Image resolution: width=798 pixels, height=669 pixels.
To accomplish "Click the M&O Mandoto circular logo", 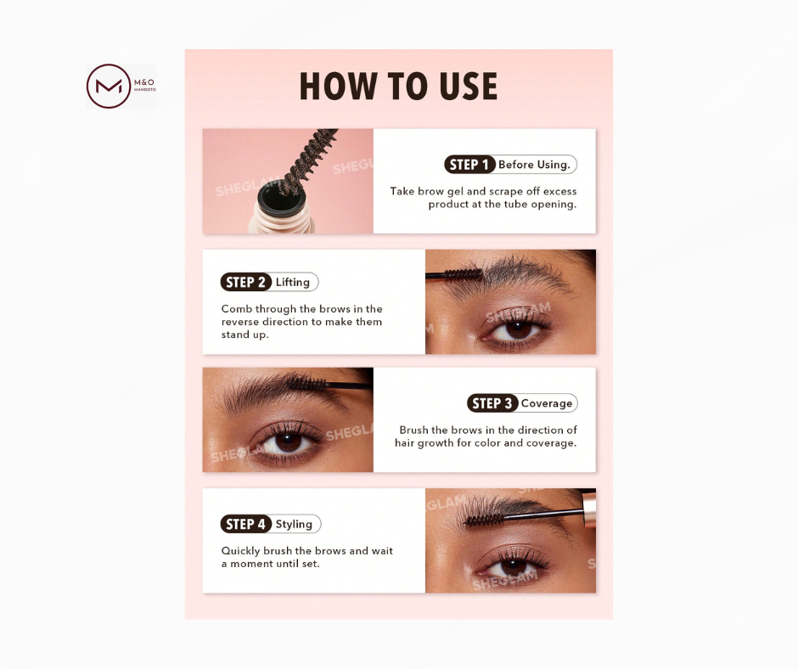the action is [109, 86].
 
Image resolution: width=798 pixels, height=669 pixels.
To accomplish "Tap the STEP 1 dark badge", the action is [469, 165].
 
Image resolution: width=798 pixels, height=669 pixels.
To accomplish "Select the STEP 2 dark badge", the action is [246, 282].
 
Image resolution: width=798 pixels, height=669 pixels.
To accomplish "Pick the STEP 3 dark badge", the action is [492, 403].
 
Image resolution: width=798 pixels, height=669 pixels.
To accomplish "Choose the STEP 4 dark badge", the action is [246, 524].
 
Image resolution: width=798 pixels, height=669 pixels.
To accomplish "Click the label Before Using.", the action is [534, 165].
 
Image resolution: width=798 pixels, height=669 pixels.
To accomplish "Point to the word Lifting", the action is [293, 282].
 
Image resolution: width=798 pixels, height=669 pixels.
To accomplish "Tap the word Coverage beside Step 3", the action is [547, 403].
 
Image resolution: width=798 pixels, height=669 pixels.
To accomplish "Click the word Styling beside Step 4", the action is [294, 524].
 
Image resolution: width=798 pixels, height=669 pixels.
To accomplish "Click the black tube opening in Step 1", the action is [280, 198].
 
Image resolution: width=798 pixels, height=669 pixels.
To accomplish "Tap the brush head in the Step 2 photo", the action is [462, 275].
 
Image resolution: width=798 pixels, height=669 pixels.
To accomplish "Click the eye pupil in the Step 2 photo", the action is [519, 329].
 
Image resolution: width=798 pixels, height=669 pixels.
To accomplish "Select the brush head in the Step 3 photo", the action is [306, 384].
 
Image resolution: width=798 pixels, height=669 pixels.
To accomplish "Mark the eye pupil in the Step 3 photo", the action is [288, 442].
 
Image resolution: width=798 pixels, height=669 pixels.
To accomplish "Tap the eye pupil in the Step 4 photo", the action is [514, 566].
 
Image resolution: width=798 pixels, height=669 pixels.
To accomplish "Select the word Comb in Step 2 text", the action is [236, 308].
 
